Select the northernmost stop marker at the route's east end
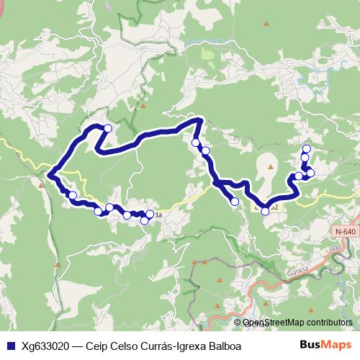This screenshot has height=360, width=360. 306,148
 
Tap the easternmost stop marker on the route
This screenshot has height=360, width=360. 311,172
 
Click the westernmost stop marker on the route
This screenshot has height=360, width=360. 72,195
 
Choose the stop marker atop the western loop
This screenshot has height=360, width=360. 108,128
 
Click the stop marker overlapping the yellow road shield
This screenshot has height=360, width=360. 266,210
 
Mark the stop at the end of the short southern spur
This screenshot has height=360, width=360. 235,202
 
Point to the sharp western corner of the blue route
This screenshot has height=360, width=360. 49,174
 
